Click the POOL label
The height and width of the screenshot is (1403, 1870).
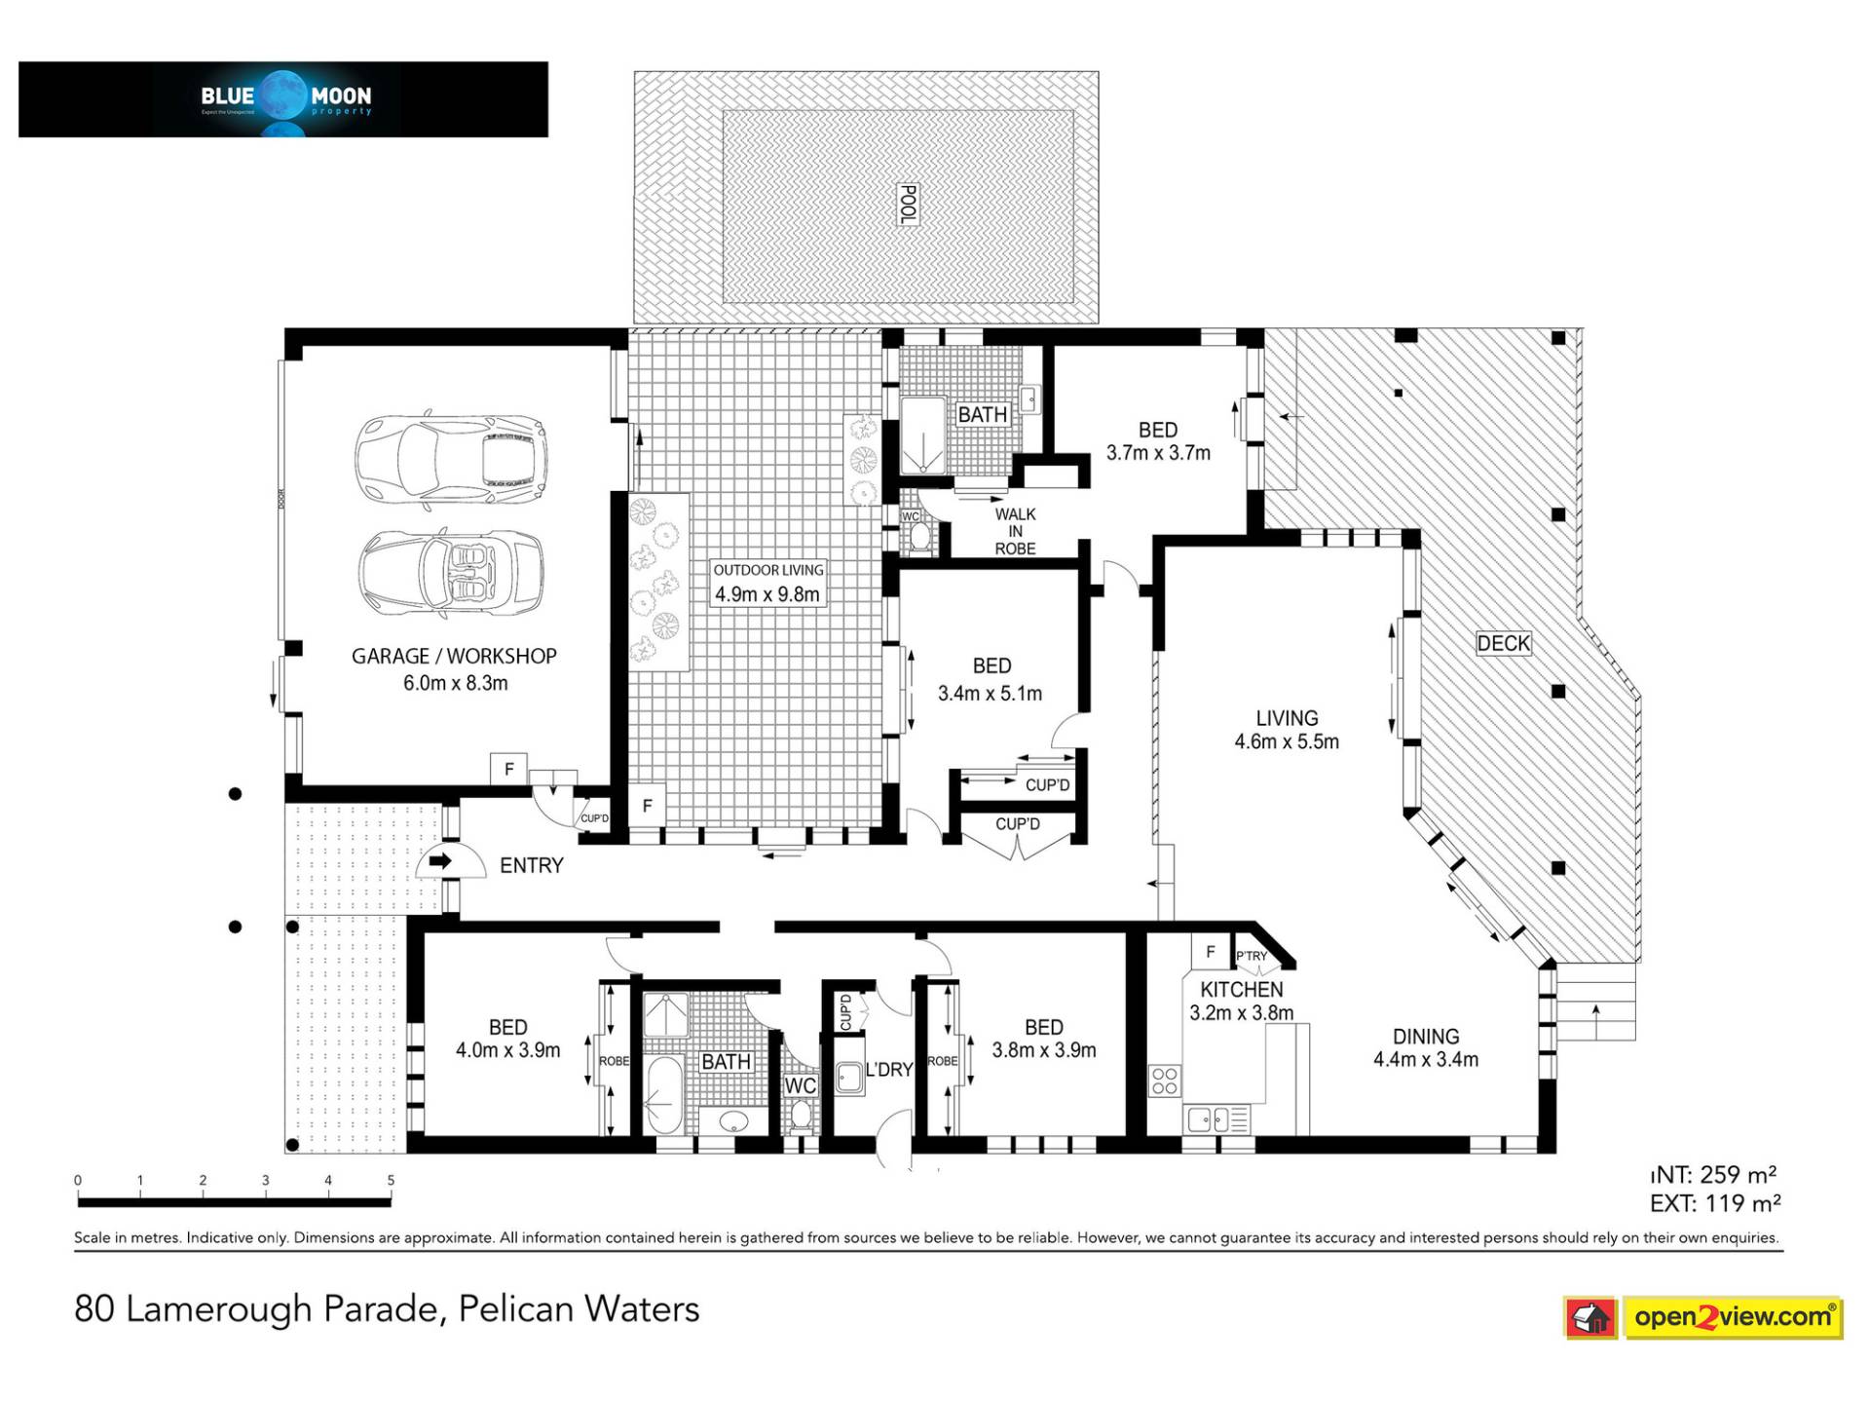point(907,205)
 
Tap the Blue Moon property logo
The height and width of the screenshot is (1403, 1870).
point(283,99)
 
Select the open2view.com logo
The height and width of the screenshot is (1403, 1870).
point(1703,1318)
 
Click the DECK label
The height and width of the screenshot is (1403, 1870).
point(1503,643)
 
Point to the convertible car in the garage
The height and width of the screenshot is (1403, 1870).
point(451,575)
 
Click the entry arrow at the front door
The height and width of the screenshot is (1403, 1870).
point(440,861)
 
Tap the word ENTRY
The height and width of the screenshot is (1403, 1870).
point(531,865)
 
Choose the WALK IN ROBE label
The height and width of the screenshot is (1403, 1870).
point(1015,531)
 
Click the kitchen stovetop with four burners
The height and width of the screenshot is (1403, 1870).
point(1165,1081)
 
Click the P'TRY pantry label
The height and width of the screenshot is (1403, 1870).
point(1252,956)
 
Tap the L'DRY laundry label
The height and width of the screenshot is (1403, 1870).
point(888,1070)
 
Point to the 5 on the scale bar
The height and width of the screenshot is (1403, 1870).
point(391,1181)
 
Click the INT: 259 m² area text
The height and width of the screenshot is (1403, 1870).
point(1714,1175)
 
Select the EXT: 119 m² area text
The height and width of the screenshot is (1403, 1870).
point(1714,1204)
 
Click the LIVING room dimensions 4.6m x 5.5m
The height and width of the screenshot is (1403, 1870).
point(1287,741)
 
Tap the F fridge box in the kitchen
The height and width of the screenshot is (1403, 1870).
point(1210,952)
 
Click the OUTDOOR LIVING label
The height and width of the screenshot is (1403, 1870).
point(767,570)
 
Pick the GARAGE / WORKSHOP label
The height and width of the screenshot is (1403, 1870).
point(454,657)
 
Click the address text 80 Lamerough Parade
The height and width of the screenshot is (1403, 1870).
point(259,1308)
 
